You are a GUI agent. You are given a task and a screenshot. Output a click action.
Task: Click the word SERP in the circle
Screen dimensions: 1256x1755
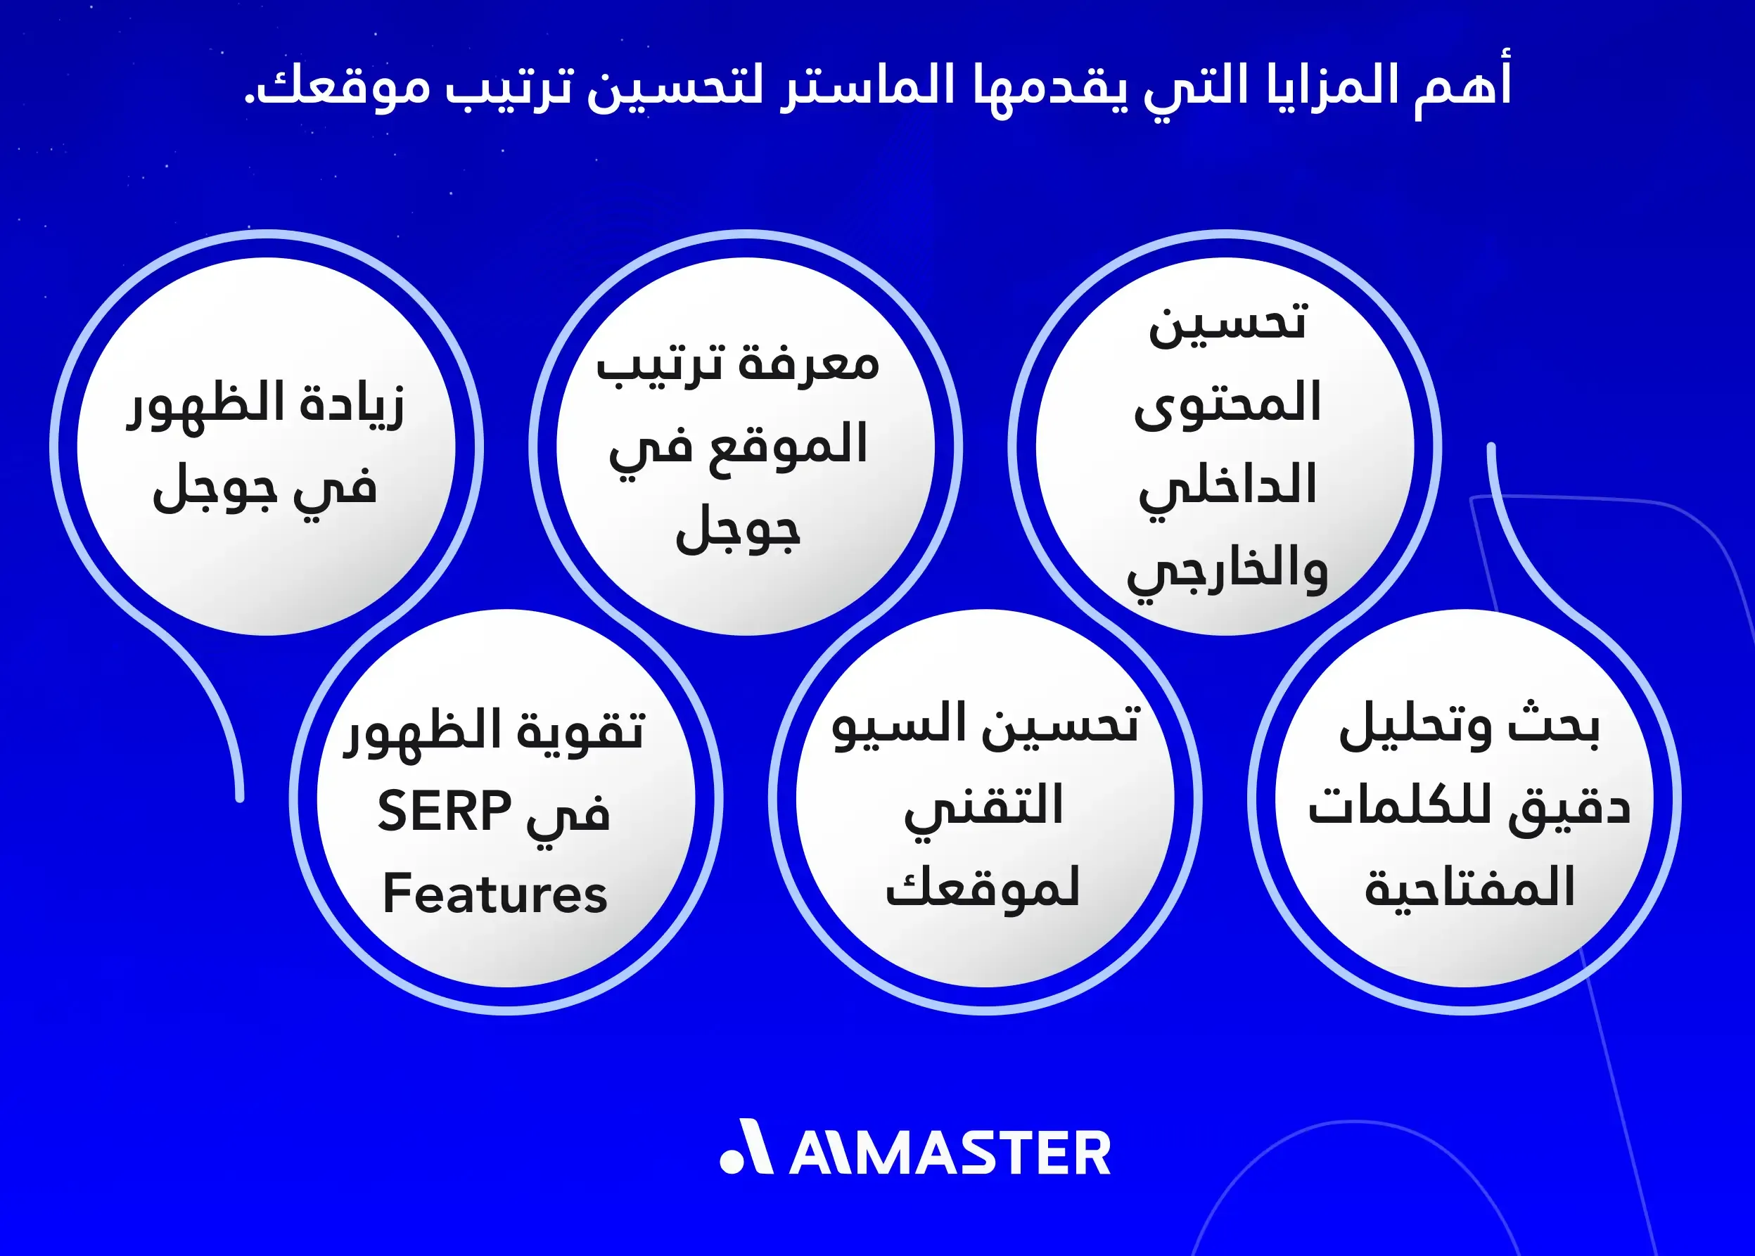point(444,812)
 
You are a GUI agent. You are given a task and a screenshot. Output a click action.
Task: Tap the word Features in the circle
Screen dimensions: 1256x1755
point(495,894)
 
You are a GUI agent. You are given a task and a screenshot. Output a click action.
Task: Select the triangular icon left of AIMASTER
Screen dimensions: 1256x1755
point(747,1147)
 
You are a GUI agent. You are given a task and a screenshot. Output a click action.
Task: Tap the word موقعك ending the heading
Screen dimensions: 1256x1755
point(340,86)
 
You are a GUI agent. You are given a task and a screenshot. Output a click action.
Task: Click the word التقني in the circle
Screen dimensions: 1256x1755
point(984,806)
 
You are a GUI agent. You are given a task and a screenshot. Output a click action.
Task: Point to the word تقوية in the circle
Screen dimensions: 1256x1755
point(580,730)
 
